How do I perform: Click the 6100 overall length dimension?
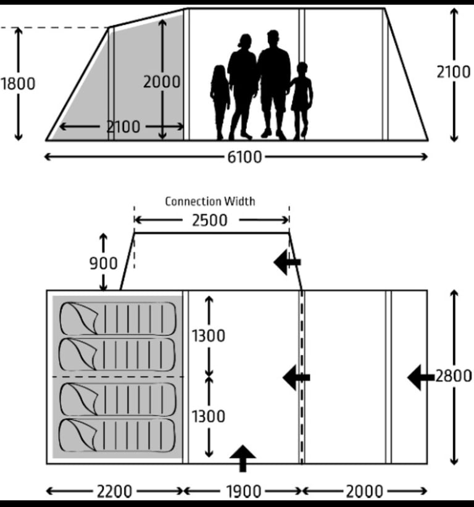click(244, 157)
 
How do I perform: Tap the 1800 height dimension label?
click(18, 84)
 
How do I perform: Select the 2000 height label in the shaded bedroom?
click(162, 82)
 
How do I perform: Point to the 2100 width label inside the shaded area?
click(123, 126)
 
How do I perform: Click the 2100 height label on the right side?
click(453, 72)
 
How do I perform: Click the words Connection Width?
click(210, 202)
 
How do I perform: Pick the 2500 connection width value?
click(210, 221)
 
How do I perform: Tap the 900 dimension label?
click(103, 263)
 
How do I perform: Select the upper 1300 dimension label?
click(209, 336)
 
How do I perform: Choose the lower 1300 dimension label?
click(209, 416)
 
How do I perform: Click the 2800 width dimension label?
click(453, 376)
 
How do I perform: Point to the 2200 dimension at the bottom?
click(115, 492)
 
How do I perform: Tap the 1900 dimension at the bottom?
click(243, 492)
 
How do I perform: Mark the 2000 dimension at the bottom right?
click(364, 492)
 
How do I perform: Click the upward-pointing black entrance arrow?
click(243, 458)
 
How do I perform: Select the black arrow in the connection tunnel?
click(288, 262)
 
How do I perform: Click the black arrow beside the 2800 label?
click(421, 377)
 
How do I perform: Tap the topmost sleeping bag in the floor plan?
click(118, 318)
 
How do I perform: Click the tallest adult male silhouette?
click(274, 84)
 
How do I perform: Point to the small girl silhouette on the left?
click(220, 102)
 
